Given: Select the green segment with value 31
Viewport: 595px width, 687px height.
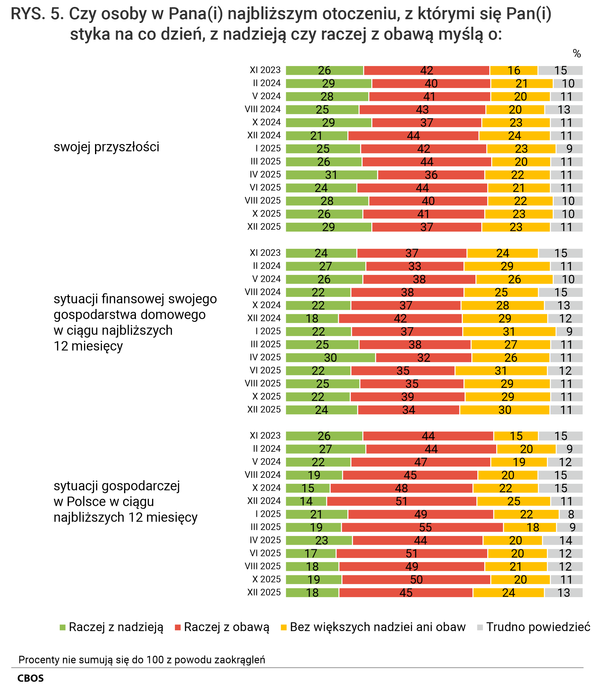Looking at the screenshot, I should [331, 175].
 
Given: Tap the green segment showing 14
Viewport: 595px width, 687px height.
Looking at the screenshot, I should [306, 501].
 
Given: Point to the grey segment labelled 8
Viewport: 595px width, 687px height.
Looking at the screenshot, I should [571, 514].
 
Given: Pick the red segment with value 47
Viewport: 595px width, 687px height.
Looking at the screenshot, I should [421, 462].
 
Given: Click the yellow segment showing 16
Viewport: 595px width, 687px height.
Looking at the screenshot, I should [514, 70].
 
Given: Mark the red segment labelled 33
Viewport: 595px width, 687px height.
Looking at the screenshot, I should [415, 266].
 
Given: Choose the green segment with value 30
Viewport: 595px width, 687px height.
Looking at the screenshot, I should [330, 357].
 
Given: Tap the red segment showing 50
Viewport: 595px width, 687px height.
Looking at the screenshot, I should [416, 579].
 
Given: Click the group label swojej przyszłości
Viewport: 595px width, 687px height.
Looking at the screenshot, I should [106, 147].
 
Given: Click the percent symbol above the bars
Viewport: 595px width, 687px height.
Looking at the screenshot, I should [577, 54].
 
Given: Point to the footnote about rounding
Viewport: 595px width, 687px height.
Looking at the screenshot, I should [142, 659].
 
